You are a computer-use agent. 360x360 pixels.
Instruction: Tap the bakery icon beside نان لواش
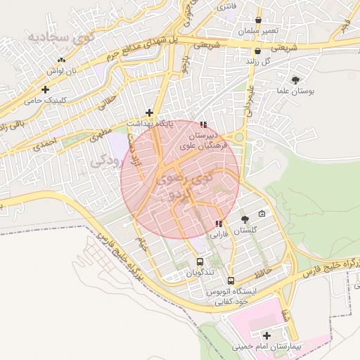pos(62,60)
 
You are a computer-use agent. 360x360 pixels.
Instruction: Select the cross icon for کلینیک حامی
pos(46,89)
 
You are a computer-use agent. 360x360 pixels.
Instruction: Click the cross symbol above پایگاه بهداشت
pos(149,112)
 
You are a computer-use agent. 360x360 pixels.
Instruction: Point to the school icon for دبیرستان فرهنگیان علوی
pos(204,124)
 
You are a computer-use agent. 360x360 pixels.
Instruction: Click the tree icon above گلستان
pos(245,221)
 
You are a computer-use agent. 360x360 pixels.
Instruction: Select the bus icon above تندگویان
pos(200,262)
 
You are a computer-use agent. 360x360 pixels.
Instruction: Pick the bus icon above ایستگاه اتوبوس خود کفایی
pos(231,281)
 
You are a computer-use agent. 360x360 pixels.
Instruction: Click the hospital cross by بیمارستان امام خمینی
pos(266,335)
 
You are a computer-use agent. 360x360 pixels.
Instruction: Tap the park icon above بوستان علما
pos(295,80)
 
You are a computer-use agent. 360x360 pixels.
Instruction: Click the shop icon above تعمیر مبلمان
pos(259,20)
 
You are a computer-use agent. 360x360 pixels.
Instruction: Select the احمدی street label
pos(42,146)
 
